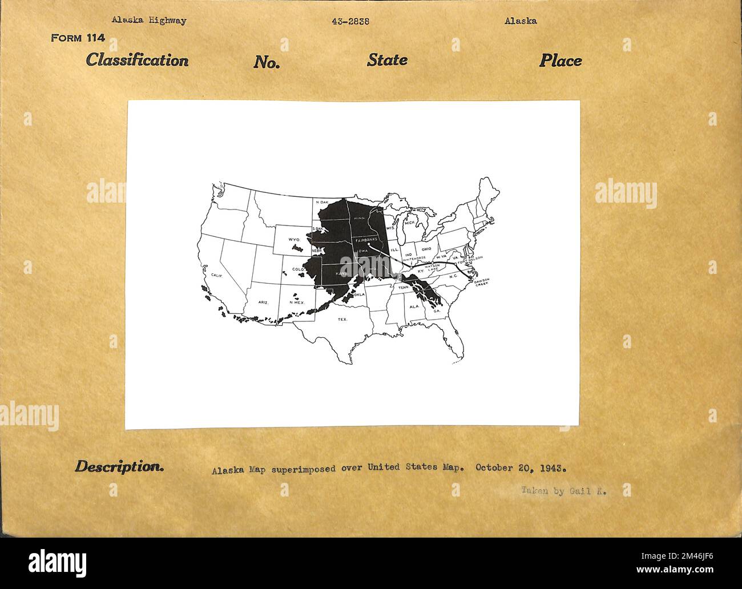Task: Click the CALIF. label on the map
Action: [217, 275]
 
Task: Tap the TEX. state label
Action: [342, 320]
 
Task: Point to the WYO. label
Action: [294, 239]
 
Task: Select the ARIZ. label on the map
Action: [263, 302]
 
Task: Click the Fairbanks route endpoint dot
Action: [369, 245]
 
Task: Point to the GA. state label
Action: [437, 310]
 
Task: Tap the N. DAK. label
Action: [322, 202]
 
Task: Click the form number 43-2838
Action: [350, 22]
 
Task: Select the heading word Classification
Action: [137, 60]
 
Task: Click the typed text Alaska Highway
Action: [149, 21]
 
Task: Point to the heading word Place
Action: [560, 60]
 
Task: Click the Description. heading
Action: [119, 466]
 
